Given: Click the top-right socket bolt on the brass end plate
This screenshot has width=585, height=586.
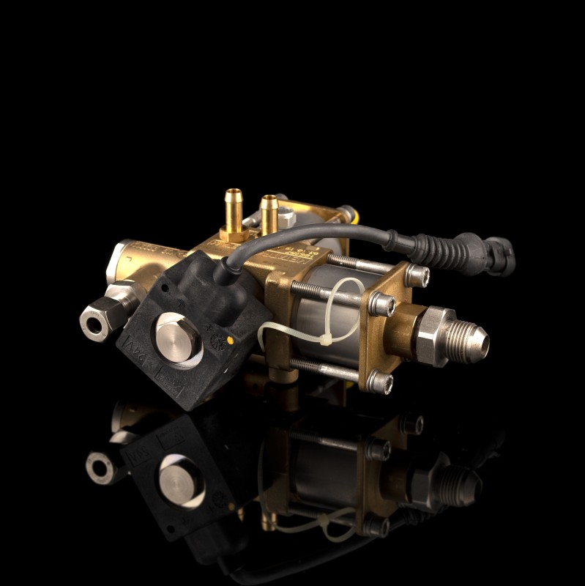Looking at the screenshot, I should coord(417,275).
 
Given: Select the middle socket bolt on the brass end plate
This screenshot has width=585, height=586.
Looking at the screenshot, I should coord(381,303).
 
